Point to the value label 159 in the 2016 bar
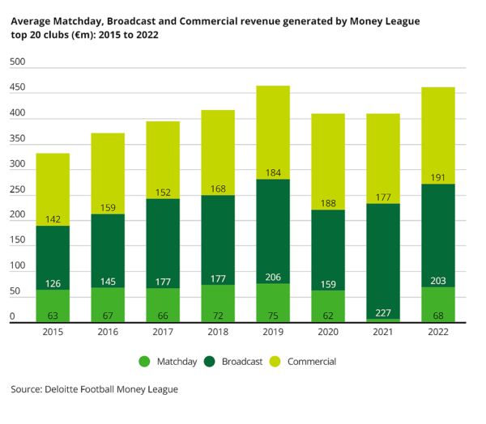pyautogui.click(x=108, y=207)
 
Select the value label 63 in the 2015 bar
pyautogui.click(x=53, y=315)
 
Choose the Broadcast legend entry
pyautogui.click(x=234, y=362)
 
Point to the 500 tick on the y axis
pyautogui.click(x=18, y=62)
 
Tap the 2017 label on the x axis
pyautogui.click(x=163, y=332)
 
